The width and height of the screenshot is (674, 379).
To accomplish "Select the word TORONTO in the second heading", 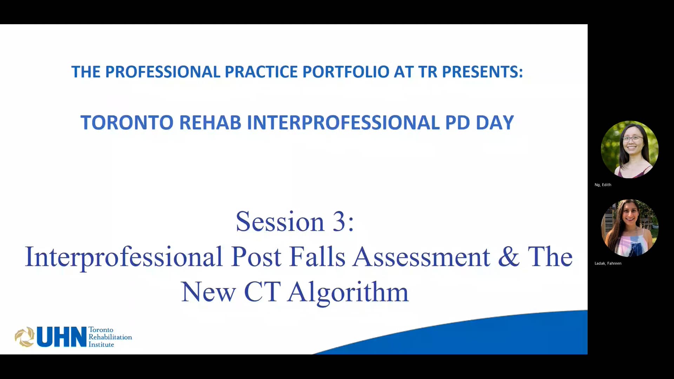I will (127, 123).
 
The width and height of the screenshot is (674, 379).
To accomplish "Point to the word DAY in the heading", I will (495, 123).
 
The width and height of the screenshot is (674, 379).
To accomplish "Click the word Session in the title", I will (280, 222).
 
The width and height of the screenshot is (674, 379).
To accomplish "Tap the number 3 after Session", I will (339, 222).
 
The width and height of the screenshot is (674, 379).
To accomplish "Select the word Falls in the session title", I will (317, 257).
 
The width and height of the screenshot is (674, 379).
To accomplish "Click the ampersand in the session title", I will (509, 257).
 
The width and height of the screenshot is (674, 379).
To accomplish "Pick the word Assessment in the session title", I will (421, 257).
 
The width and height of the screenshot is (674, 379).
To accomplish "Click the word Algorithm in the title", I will (348, 292).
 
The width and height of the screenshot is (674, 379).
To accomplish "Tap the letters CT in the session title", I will (262, 292).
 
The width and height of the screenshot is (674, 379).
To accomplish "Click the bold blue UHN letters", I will (61, 337).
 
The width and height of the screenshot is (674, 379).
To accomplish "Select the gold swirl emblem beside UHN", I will (24, 337).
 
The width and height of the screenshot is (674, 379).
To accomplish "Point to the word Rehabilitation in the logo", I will (110, 337).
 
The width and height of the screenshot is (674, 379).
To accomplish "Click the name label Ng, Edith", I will (603, 185).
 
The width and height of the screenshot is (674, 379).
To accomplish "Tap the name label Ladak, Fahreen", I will (608, 264).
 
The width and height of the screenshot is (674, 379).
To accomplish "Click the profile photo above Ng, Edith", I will (629, 149).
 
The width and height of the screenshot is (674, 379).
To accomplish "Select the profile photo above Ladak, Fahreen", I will (629, 228).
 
